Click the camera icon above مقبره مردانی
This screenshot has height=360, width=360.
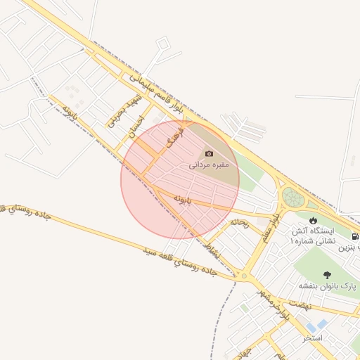click(x=209, y=153)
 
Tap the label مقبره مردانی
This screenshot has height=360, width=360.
click(x=209, y=166)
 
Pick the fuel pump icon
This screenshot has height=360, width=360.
click(x=356, y=236)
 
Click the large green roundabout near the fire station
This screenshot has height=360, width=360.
click(x=292, y=198)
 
